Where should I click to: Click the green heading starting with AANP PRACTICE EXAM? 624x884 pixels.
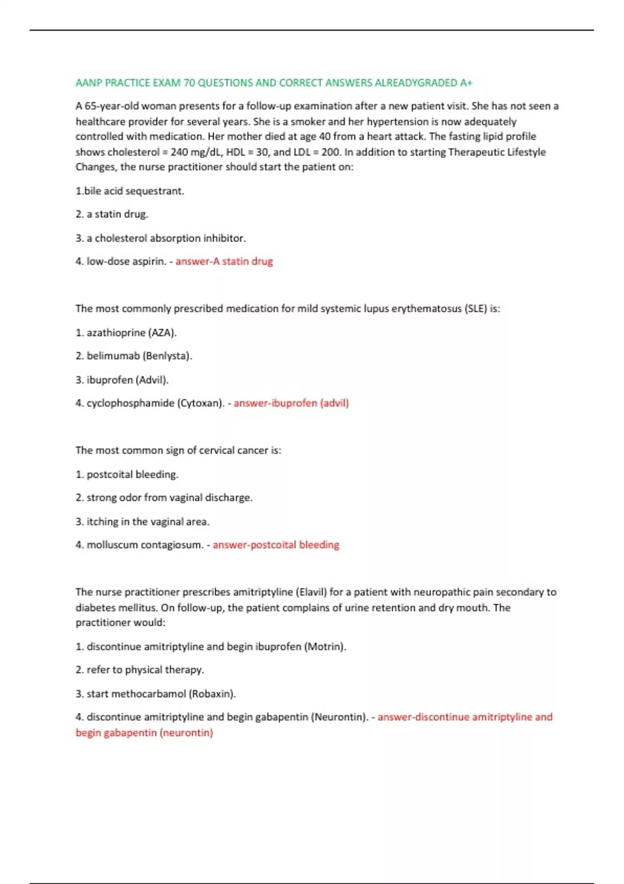point(274,83)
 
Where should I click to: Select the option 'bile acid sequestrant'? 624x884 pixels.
point(134,191)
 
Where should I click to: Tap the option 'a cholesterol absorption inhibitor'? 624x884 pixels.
point(166,238)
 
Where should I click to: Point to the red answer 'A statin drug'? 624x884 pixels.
point(224,261)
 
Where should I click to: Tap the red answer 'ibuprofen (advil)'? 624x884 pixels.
point(291,403)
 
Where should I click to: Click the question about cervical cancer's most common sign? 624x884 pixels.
point(178,450)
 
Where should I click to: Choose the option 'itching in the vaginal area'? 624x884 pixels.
point(148,522)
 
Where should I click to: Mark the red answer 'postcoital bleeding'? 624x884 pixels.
point(276,545)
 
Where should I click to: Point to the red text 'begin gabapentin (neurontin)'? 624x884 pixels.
point(145,733)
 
